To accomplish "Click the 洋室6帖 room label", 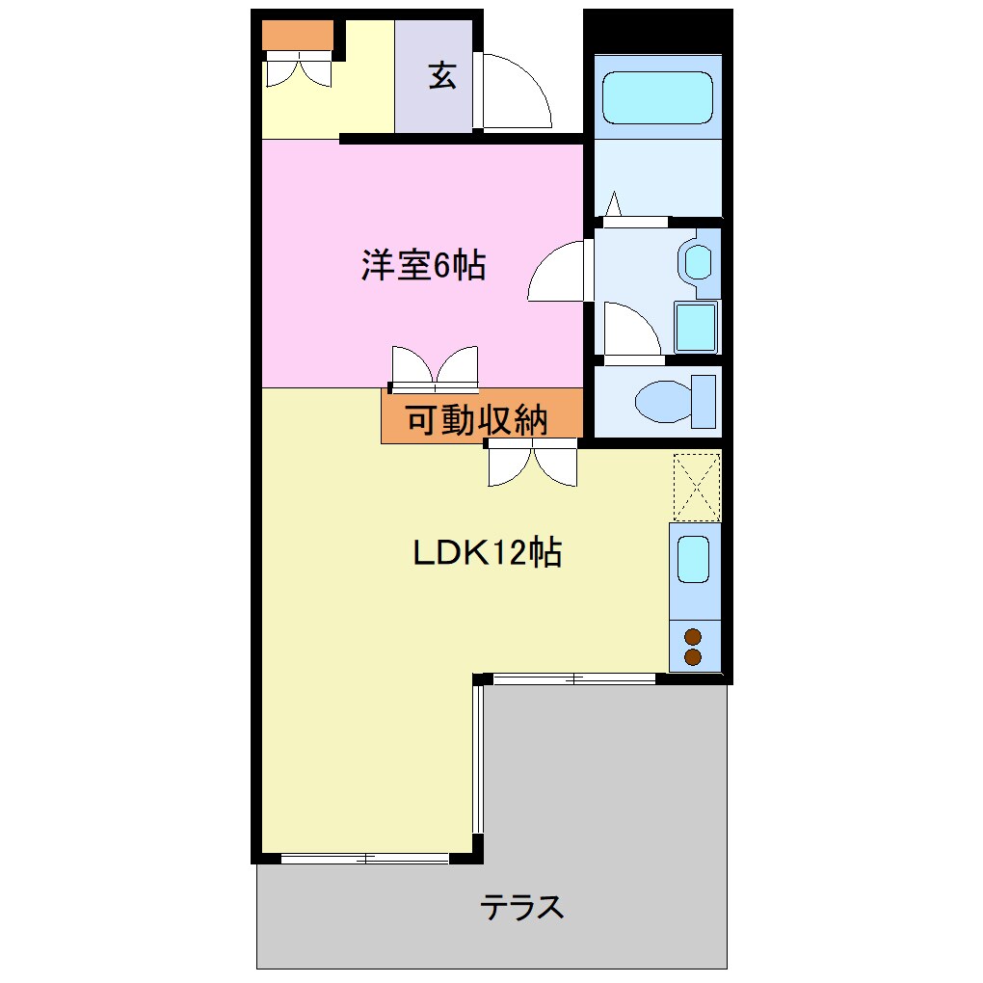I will pos(423,265).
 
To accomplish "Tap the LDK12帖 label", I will pos(487,553).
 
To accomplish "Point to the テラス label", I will pos(521,907).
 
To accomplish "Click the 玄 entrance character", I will pos(442,76).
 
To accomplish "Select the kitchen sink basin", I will pos(693,559).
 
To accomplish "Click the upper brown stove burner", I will pos(692,636).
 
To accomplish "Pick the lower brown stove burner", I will pos(692,656).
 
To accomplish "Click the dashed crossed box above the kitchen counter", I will pos(696,487).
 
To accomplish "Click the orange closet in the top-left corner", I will pos(298,35).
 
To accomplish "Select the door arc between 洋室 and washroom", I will pos(558,272).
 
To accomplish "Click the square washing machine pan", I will pos(696,327).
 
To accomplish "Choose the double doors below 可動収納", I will pos(532,463).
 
